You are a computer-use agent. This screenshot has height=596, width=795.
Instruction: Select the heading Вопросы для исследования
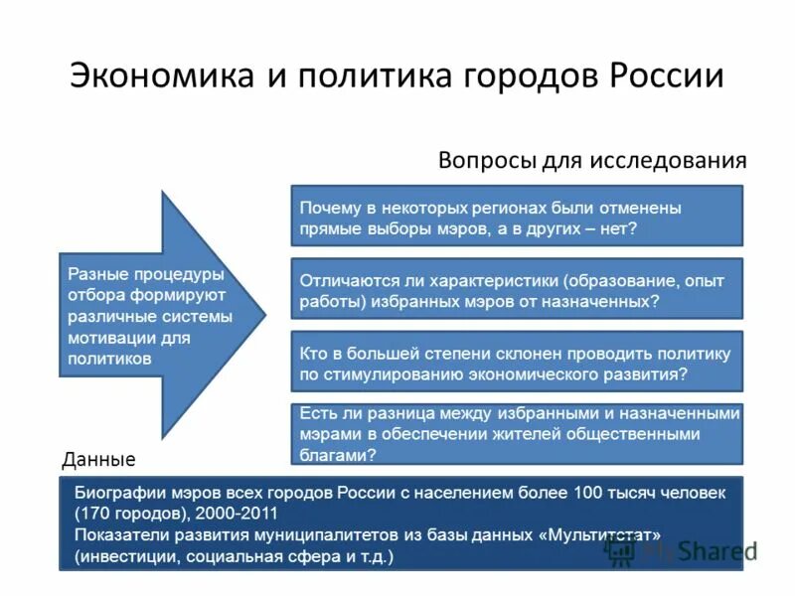[x=592, y=160]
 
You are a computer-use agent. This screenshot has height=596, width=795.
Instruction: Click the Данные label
[x=97, y=460]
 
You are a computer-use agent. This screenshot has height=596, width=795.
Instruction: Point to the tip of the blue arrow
[x=264, y=315]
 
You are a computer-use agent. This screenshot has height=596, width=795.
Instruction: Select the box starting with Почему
[x=516, y=216]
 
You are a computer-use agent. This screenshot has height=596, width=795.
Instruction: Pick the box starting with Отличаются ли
[x=516, y=288]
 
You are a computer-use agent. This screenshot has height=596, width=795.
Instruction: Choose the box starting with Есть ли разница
[x=516, y=434]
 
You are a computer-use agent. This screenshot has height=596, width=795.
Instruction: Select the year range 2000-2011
[x=235, y=514]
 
